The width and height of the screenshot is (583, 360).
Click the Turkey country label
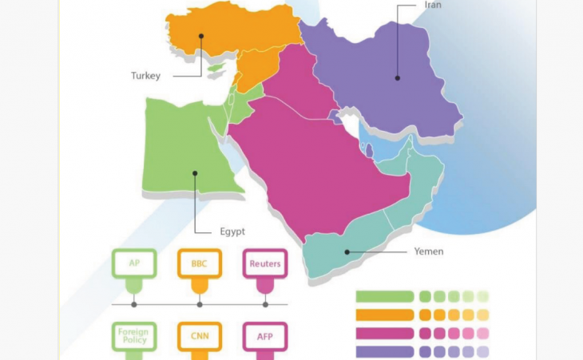(x=146, y=77)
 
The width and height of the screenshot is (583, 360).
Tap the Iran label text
(x=431, y=5)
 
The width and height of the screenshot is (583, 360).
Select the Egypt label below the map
(x=232, y=231)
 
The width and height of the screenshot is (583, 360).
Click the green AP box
(x=133, y=263)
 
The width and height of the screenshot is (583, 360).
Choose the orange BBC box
(x=199, y=263)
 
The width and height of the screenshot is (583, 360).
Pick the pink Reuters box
(x=264, y=263)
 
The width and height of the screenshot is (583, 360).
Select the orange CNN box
(x=199, y=337)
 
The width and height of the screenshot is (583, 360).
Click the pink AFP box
(x=264, y=337)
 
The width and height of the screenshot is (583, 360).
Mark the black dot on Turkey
(x=201, y=35)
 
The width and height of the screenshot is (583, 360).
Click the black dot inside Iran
(x=397, y=77)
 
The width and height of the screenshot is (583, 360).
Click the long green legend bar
(x=384, y=297)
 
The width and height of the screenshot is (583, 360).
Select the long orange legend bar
(x=384, y=315)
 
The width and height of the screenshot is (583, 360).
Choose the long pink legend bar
(x=384, y=334)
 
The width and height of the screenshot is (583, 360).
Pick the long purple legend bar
(x=384, y=351)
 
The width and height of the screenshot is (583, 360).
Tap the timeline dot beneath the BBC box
(x=199, y=304)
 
